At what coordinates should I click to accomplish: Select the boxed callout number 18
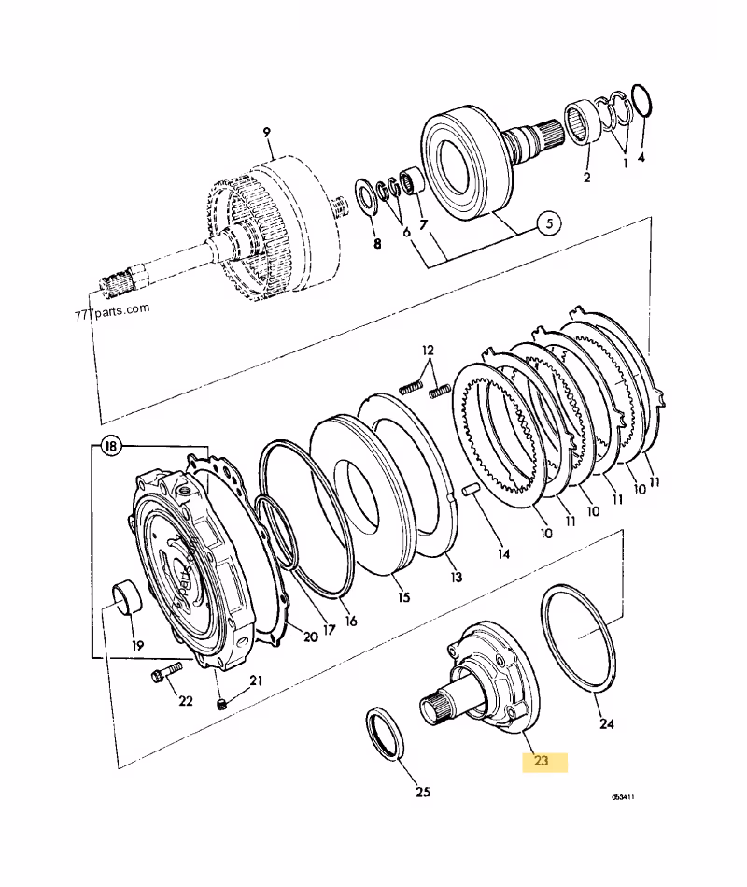(x=111, y=448)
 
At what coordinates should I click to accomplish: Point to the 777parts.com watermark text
(x=111, y=310)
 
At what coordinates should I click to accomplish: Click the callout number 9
(x=266, y=132)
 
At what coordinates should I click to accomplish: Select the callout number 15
(x=402, y=596)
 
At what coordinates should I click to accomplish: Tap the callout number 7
(x=422, y=223)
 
